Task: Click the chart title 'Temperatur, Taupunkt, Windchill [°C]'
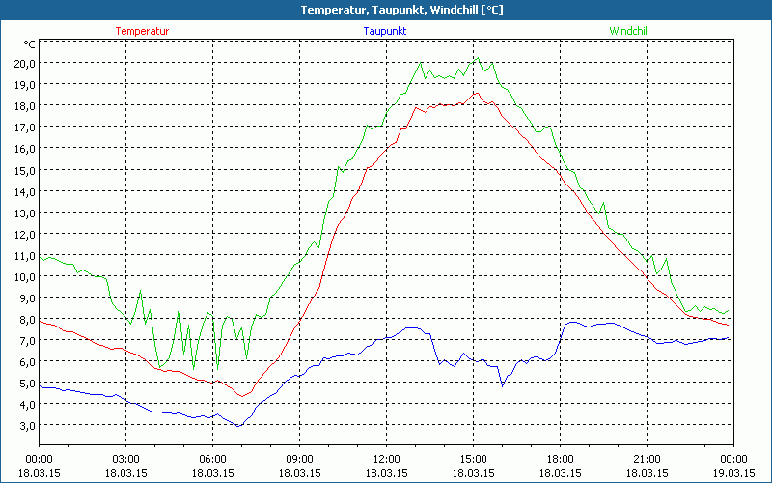pyautogui.click(x=387, y=10)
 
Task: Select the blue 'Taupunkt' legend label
pyautogui.click(x=385, y=31)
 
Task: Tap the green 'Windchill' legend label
pyautogui.click(x=628, y=31)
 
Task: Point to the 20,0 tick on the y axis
pyautogui.click(x=24, y=63)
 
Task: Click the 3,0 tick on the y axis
pyautogui.click(x=27, y=425)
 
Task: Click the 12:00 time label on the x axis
pyautogui.click(x=386, y=459)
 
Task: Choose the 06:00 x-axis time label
pyautogui.click(x=212, y=459)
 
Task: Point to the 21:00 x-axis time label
pyautogui.click(x=647, y=459)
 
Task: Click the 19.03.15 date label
pyautogui.click(x=733, y=473)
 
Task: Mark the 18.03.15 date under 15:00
pyautogui.click(x=473, y=473)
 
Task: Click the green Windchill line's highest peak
pyautogui.click(x=477, y=57)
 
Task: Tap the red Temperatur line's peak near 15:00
pyautogui.click(x=475, y=93)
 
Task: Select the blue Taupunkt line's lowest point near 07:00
pyautogui.click(x=238, y=426)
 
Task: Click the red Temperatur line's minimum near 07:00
pyautogui.click(x=240, y=396)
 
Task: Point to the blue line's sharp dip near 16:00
pyautogui.click(x=502, y=386)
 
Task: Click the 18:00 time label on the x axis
pyautogui.click(x=560, y=459)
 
